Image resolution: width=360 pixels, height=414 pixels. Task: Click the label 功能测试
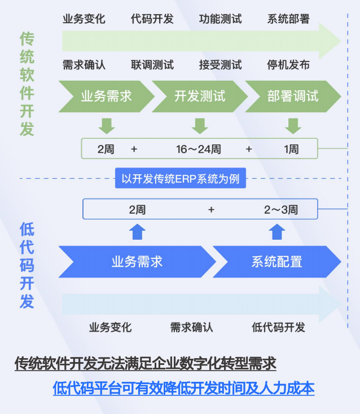pos(220,19)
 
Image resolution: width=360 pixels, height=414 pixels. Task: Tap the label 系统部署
pos(288,19)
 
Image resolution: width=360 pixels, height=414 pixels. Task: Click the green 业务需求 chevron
pos(106,96)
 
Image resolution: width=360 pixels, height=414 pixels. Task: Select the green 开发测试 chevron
pos(199,96)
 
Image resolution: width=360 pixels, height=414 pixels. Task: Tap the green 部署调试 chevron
pos(292,96)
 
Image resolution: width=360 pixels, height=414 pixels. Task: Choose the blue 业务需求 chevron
pos(137,261)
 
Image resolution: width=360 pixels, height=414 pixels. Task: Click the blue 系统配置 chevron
pos(276,261)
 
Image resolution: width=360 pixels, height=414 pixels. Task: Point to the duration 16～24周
pos(198,149)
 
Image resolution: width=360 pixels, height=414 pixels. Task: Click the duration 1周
pos(291,149)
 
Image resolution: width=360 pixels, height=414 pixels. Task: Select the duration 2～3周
pos(281,210)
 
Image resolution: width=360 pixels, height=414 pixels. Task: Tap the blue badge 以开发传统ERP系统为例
pos(180,179)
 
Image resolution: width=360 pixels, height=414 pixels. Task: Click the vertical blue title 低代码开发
pos(27,265)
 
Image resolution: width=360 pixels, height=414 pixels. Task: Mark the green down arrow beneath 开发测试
pos(199,125)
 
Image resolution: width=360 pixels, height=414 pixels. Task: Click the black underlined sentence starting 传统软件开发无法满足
pos(146,364)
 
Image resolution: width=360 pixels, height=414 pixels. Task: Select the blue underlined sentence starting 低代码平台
pos(183,389)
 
